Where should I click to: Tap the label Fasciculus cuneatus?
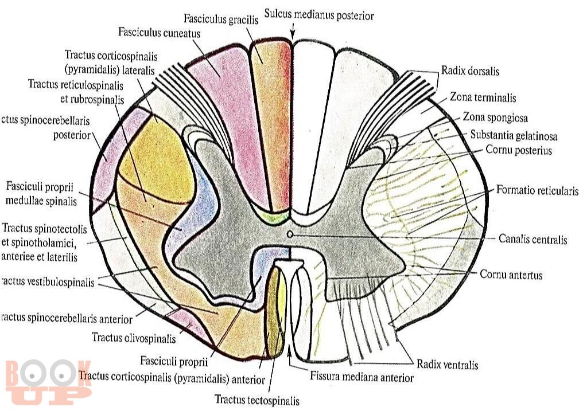(x=159, y=33)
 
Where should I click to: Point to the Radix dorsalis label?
(x=470, y=72)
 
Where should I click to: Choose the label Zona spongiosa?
(x=495, y=118)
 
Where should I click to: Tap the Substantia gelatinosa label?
(x=514, y=136)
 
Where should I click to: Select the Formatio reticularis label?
(x=537, y=190)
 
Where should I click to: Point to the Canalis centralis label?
(x=533, y=239)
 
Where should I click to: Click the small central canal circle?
(x=290, y=234)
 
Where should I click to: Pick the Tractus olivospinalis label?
(x=133, y=337)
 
